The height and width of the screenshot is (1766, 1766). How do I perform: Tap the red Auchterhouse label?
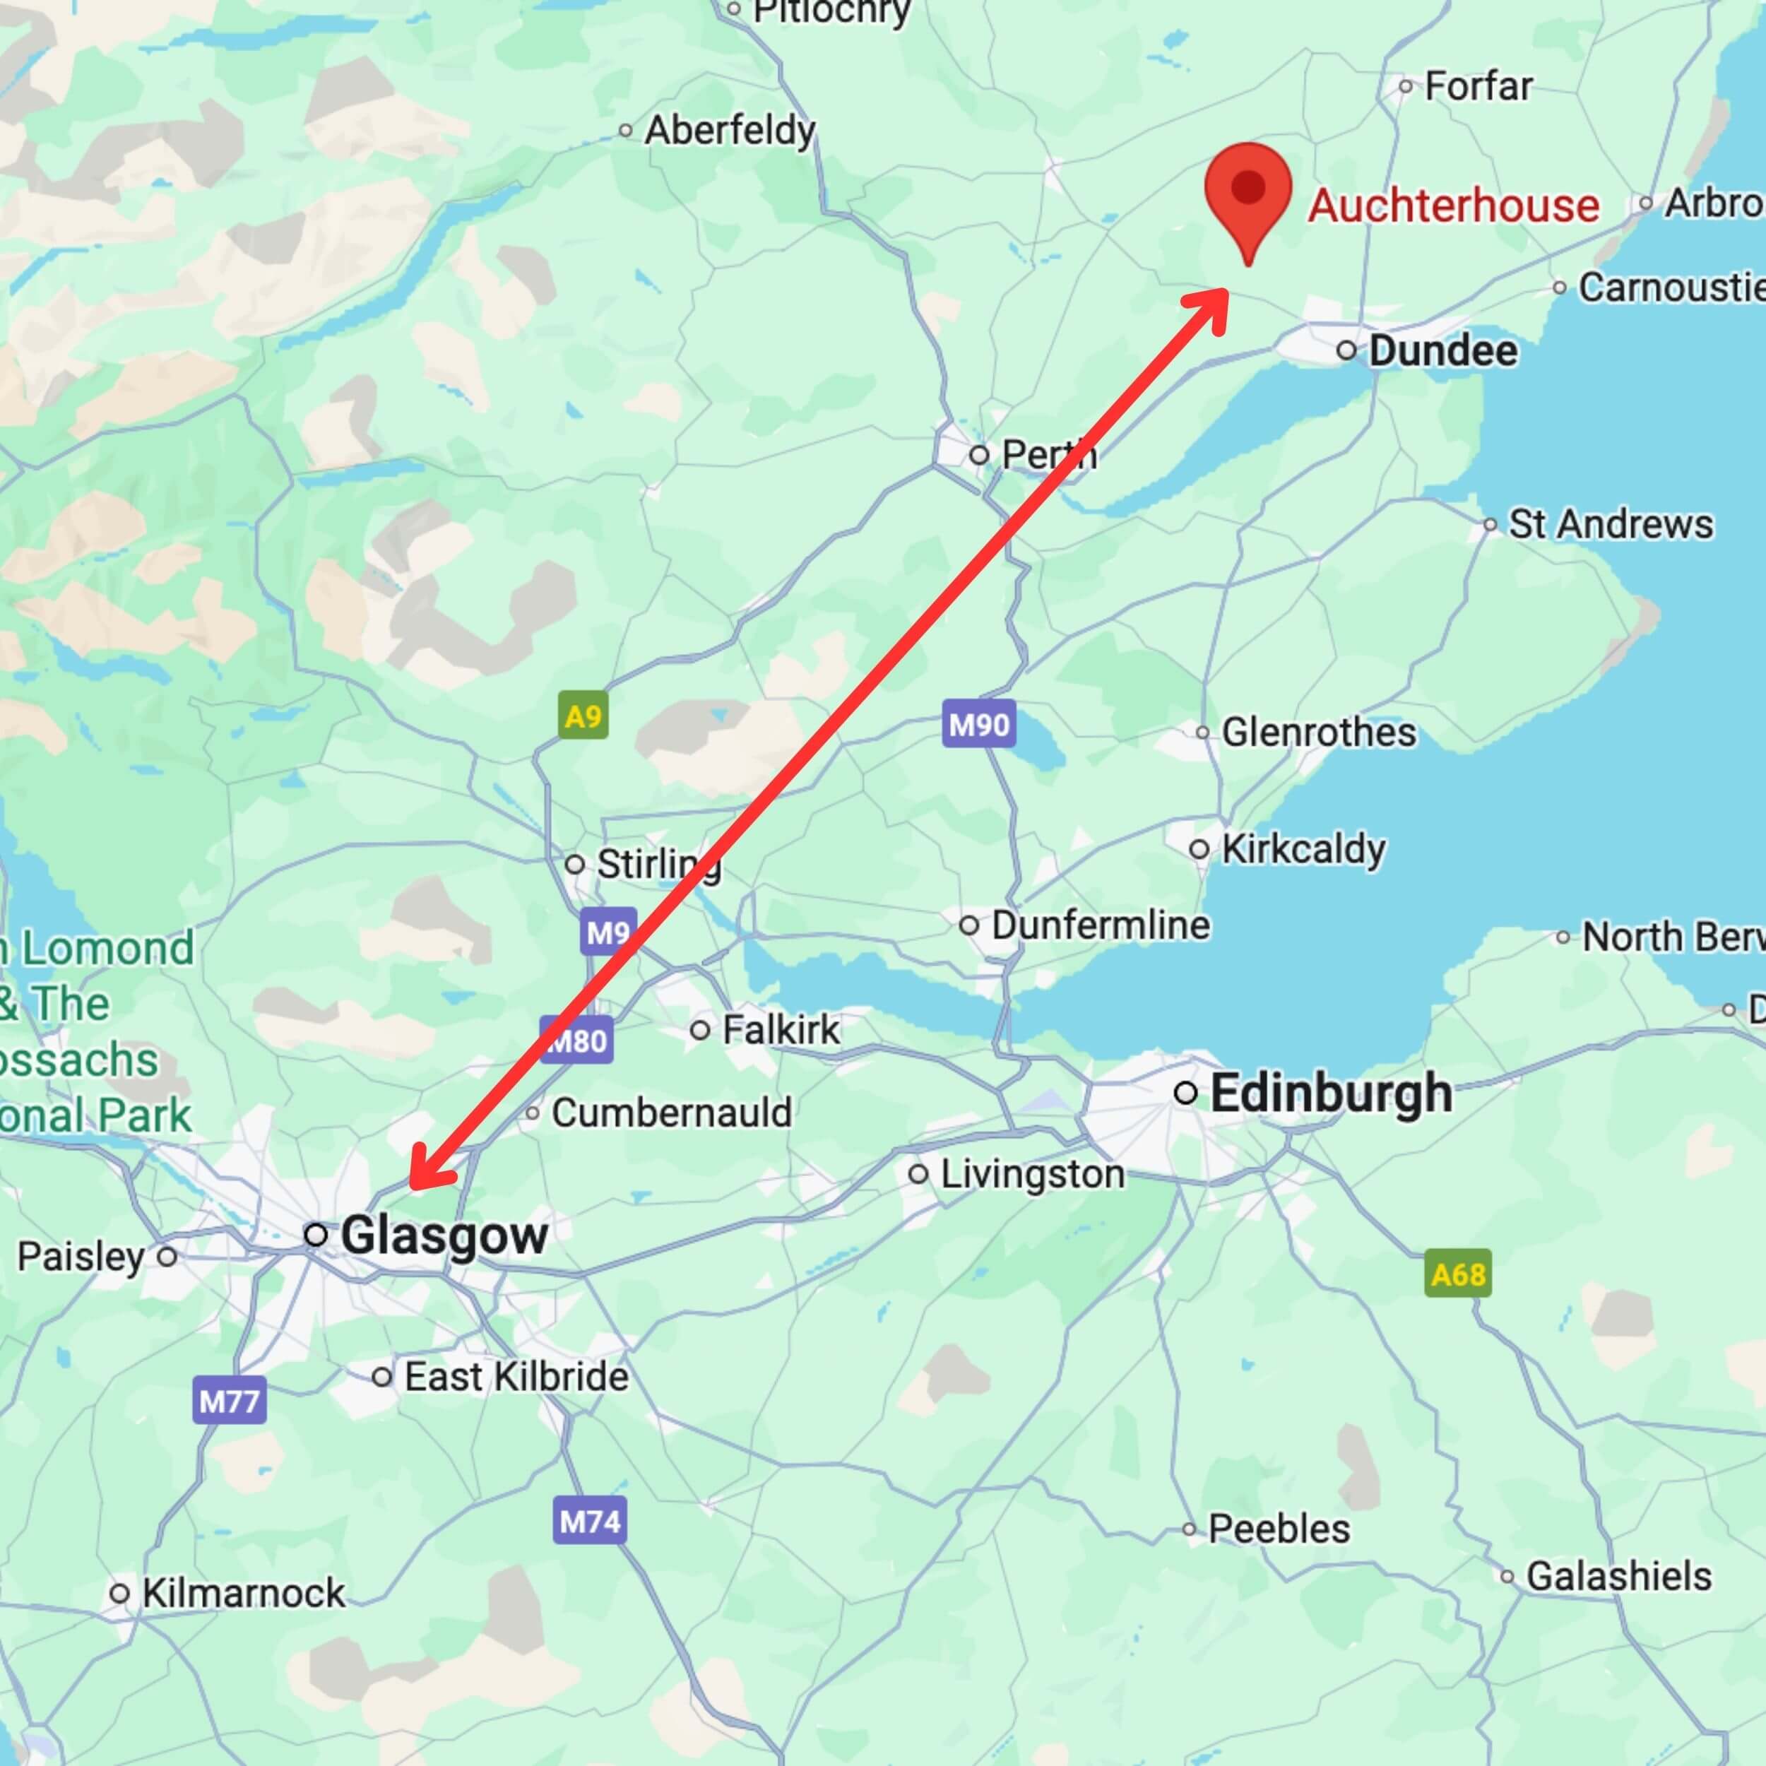click(x=1453, y=205)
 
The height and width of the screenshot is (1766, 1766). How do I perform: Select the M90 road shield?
click(x=978, y=725)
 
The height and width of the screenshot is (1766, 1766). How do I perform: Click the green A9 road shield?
click(x=583, y=716)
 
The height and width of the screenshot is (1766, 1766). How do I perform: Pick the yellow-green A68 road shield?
click(x=1458, y=1274)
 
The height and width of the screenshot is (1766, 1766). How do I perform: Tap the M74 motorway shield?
click(x=590, y=1521)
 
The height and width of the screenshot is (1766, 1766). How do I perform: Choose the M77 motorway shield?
click(x=230, y=1400)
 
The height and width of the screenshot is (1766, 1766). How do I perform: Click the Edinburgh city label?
click(x=1331, y=1094)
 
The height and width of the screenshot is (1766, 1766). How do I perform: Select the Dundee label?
click(x=1442, y=351)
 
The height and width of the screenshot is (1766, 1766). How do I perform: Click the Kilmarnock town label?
click(x=243, y=1593)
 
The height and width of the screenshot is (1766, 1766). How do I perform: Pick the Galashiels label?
click(x=1618, y=1576)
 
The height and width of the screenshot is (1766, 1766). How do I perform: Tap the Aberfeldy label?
click(x=730, y=131)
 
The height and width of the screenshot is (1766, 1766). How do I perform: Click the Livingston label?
click(x=1032, y=1175)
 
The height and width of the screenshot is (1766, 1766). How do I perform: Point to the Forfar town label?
click(x=1478, y=87)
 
